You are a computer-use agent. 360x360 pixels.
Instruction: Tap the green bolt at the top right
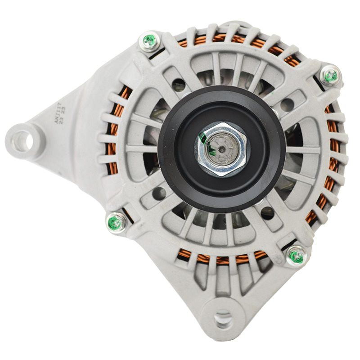click(x=331, y=76)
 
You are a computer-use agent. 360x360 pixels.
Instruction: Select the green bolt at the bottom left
click(x=116, y=222)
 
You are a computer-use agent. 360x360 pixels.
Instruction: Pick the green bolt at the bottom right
click(x=296, y=256)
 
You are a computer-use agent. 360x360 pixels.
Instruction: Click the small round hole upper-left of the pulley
click(x=179, y=84)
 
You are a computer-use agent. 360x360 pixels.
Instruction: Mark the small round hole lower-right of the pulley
click(x=267, y=213)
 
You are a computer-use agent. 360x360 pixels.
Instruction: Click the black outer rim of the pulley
click(x=169, y=171)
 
